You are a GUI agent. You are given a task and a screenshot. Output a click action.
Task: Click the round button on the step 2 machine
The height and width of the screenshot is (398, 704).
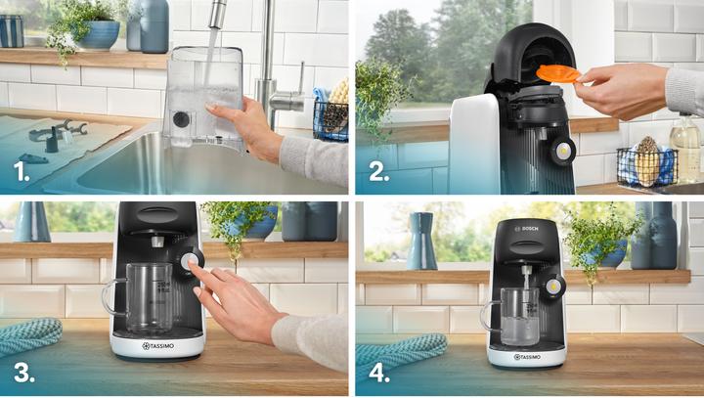click(x=562, y=151)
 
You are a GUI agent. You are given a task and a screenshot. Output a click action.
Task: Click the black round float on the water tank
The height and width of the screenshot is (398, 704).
click(x=181, y=119)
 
